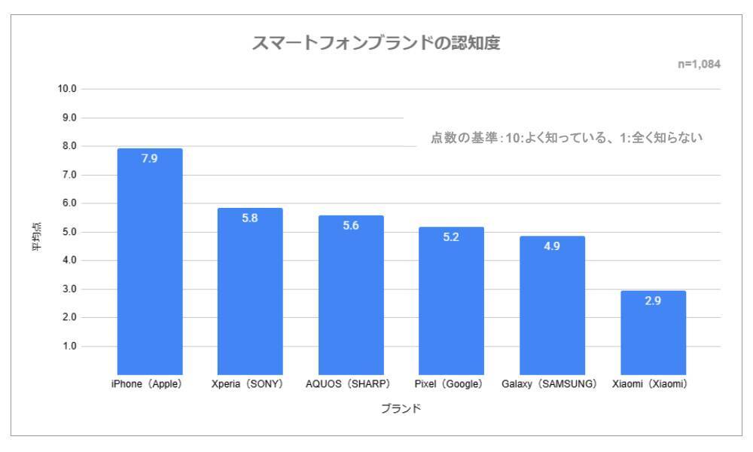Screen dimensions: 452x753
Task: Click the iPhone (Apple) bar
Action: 150,264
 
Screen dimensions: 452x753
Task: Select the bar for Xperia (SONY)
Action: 250,294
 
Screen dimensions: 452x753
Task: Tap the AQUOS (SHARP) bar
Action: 351,298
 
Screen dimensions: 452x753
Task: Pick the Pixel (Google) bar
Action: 451,301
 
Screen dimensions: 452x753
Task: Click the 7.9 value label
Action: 150,158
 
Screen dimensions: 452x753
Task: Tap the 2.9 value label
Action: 653,301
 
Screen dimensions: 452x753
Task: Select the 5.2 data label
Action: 451,237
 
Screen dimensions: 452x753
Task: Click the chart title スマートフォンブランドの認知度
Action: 376,44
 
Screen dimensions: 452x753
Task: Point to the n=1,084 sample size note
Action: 700,65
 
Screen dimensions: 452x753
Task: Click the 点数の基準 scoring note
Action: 566,139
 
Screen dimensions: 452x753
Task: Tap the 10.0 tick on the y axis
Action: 67,89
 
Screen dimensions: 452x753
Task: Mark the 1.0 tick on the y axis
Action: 69,347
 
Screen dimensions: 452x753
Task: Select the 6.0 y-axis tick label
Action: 69,203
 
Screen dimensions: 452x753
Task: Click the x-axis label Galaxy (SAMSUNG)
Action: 549,383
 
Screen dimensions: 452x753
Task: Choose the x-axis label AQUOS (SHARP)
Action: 348,383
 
